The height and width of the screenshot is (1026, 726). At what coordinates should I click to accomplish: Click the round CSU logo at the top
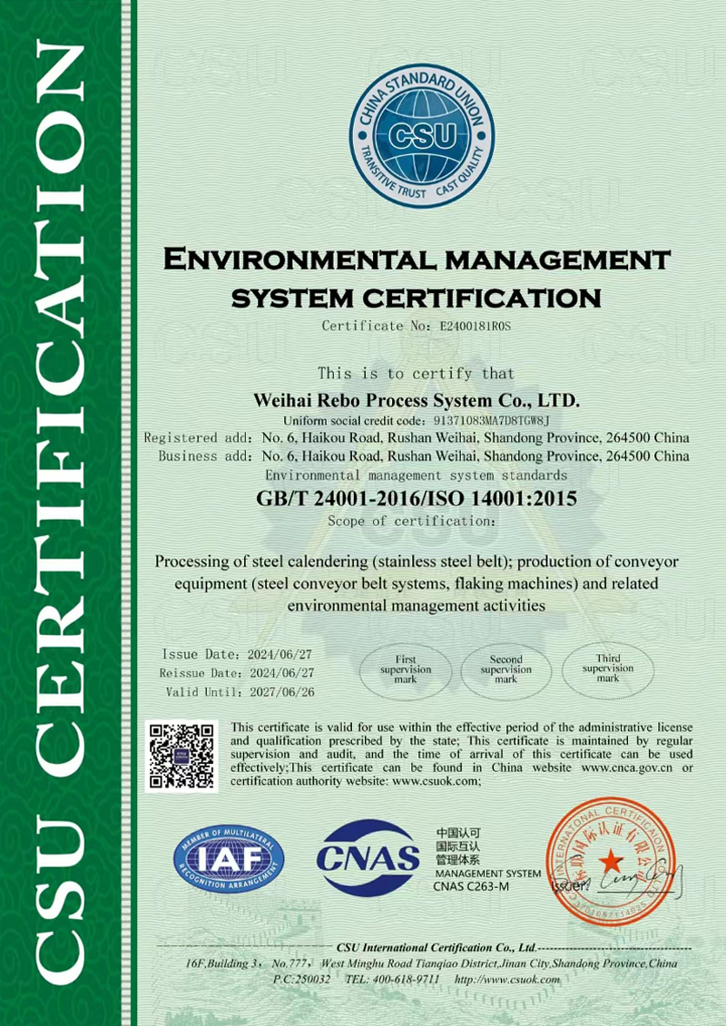(422, 135)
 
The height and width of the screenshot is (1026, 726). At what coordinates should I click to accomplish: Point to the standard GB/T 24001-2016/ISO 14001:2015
(417, 499)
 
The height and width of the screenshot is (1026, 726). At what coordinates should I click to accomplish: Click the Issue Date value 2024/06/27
(281, 654)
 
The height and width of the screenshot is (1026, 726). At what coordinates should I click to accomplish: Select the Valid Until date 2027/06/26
(281, 692)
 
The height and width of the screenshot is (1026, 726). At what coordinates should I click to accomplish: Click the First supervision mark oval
(406, 669)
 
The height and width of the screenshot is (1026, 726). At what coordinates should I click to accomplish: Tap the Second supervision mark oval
(505, 669)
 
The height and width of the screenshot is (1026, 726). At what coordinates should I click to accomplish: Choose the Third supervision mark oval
(607, 669)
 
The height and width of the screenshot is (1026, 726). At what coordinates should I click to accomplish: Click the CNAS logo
(368, 857)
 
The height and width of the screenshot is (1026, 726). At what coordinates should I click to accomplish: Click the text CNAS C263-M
(471, 886)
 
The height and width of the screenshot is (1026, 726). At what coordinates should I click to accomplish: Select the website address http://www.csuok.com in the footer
(507, 980)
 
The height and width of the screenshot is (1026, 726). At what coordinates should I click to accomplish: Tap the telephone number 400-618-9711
(406, 980)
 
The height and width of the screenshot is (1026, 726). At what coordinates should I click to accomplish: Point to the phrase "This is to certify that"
(417, 373)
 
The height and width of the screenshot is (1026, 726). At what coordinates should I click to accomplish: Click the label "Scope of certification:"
(411, 522)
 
